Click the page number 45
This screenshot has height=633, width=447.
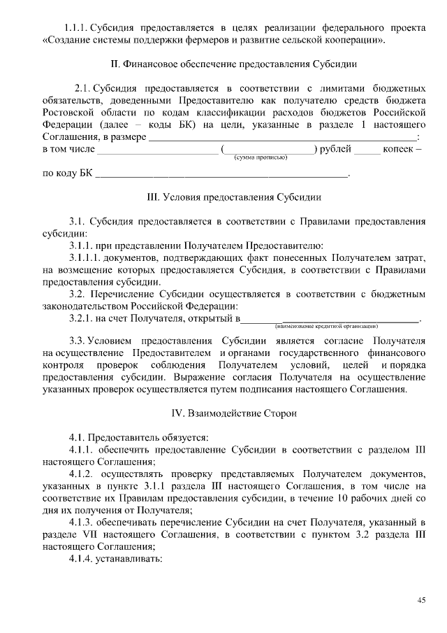click(421, 599)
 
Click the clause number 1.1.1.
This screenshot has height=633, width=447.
click(74, 28)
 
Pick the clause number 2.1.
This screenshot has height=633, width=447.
click(83, 89)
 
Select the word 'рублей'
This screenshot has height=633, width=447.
click(335, 148)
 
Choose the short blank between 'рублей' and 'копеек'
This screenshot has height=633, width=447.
click(367, 150)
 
